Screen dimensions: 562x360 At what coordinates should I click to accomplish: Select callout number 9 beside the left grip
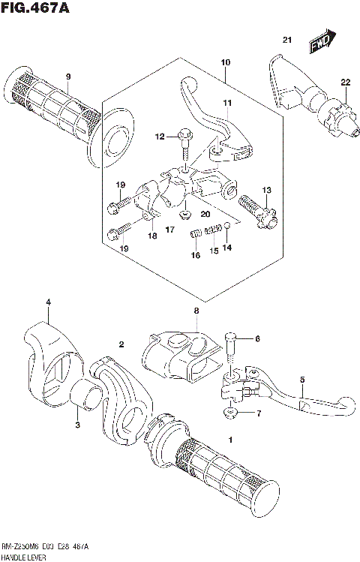click(67, 77)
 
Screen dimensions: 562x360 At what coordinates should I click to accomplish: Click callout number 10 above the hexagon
click(226, 62)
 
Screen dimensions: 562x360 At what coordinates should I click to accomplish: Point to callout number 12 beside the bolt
click(159, 137)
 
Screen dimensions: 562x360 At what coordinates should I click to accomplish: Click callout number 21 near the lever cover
click(286, 39)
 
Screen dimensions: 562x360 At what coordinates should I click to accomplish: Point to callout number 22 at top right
click(344, 83)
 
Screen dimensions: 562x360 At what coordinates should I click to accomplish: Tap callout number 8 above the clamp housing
click(196, 310)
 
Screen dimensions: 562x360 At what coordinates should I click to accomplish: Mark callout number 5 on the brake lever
click(301, 380)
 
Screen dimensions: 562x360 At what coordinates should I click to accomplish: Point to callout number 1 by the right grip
click(231, 439)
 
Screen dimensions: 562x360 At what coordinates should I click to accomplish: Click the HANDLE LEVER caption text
click(24, 555)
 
